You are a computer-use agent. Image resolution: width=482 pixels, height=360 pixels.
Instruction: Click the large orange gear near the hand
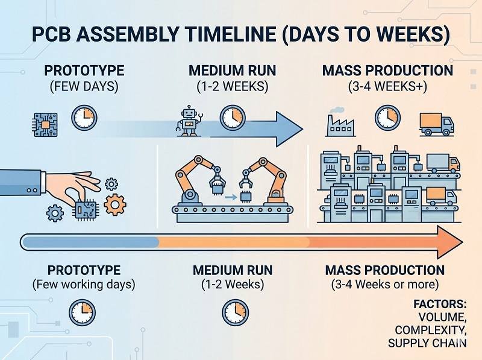click(114, 205)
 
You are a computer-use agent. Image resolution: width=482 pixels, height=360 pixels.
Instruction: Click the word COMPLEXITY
click(430, 330)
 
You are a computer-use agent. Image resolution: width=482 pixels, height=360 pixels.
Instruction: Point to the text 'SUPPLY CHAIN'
click(427, 344)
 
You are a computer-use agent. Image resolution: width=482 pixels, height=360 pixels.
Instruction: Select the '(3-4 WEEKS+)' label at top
click(387, 86)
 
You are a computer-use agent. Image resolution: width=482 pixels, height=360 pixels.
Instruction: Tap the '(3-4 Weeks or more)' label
click(385, 283)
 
